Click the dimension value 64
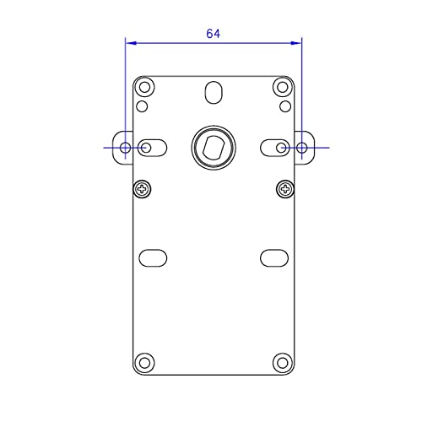pyautogui.click(x=213, y=34)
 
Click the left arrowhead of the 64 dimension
pyautogui.click(x=131, y=43)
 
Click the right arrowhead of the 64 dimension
pyautogui.click(x=296, y=43)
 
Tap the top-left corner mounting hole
pyautogui.click(x=144, y=87)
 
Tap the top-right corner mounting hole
pyautogui.click(x=283, y=87)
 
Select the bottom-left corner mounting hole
pyautogui.click(x=144, y=363)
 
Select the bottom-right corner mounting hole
pyautogui.click(x=283, y=363)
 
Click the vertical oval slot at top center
pyautogui.click(x=214, y=93)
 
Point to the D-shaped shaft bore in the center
pyautogui.click(x=214, y=147)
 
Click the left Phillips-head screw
pyautogui.click(x=143, y=189)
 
